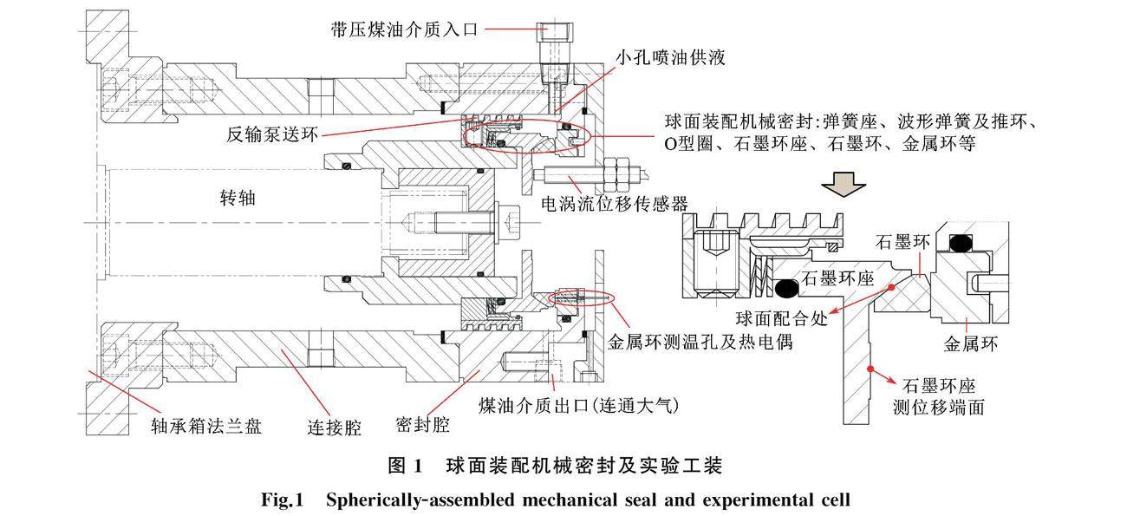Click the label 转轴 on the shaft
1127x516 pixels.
point(237,199)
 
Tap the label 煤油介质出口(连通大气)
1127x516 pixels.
point(572,405)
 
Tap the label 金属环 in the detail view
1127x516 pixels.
point(971,344)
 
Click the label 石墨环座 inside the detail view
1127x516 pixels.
point(836,278)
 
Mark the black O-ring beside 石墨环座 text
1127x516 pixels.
point(785,286)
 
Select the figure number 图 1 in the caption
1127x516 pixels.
point(405,466)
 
